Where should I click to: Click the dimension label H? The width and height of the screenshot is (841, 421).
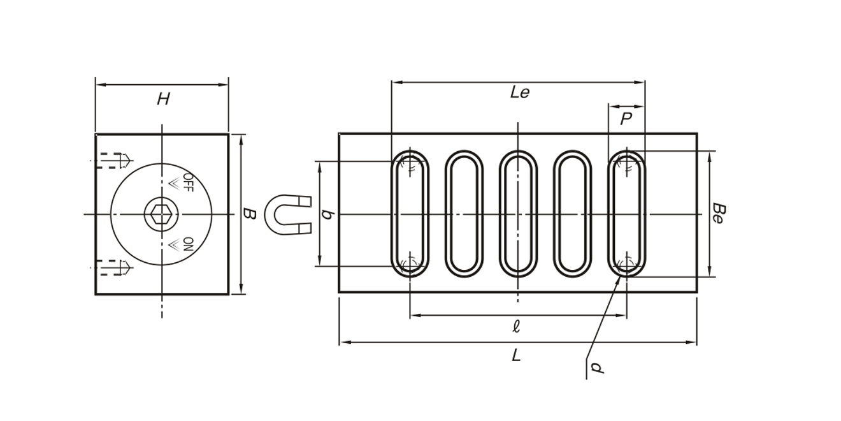pos(163,99)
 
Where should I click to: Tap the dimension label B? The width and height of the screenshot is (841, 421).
pos(250,214)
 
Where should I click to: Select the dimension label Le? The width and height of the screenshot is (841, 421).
pos(520,92)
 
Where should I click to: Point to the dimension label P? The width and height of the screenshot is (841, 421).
pos(626,119)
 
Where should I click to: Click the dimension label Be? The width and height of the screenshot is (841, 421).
pos(717,213)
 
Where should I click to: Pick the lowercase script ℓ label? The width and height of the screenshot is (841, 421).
pos(516,327)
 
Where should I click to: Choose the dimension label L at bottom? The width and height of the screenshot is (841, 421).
pos(516,356)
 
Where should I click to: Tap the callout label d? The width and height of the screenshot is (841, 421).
pos(596,367)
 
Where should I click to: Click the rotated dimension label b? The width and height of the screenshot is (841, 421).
pos(327,214)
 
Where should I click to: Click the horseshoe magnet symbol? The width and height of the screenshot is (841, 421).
pos(287,214)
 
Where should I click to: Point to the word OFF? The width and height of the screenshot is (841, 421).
pos(187,182)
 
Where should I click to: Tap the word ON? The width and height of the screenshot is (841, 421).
pos(187,244)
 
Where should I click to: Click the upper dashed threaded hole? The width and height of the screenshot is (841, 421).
pos(115,159)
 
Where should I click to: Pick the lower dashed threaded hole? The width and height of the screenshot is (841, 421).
pos(115,267)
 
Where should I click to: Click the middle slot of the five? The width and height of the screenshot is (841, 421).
pos(518,214)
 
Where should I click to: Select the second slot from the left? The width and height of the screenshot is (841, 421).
pos(464,214)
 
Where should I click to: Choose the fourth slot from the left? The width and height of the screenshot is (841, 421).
pos(572,214)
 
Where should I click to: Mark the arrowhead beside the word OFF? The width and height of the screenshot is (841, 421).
pos(173,183)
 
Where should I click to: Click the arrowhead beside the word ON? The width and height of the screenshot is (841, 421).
pos(173,244)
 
